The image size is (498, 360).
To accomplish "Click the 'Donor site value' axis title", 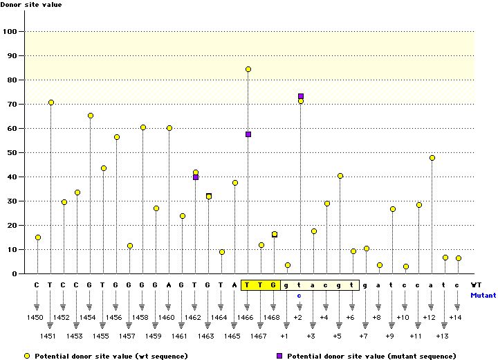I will pyautogui.click(x=31, y=5).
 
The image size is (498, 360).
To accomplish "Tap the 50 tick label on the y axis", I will pyautogui.click(x=11, y=152).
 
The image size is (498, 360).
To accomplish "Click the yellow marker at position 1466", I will pyautogui.click(x=248, y=69).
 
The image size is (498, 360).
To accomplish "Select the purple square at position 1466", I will pyautogui.click(x=248, y=134).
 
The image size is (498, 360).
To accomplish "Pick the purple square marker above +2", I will pyautogui.click(x=301, y=96).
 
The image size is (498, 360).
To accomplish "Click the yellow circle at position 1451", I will pyautogui.click(x=51, y=102).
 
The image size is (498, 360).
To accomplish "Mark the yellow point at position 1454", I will pyautogui.click(x=91, y=116).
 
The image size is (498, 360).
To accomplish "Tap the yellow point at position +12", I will pyautogui.click(x=432, y=158).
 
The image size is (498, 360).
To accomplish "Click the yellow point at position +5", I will pyautogui.click(x=340, y=176).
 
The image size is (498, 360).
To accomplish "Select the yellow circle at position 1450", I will pyautogui.click(x=38, y=237).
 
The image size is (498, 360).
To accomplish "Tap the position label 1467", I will pyautogui.click(x=259, y=336).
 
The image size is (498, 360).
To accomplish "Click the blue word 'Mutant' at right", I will pyautogui.click(x=483, y=295).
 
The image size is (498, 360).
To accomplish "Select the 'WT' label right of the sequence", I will pyautogui.click(x=476, y=285).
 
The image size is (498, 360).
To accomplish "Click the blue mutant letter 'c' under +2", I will pyautogui.click(x=299, y=295).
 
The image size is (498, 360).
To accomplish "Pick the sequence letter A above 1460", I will pyautogui.click(x=169, y=285).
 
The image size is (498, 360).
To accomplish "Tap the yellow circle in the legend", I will pyautogui.click(x=27, y=355).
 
